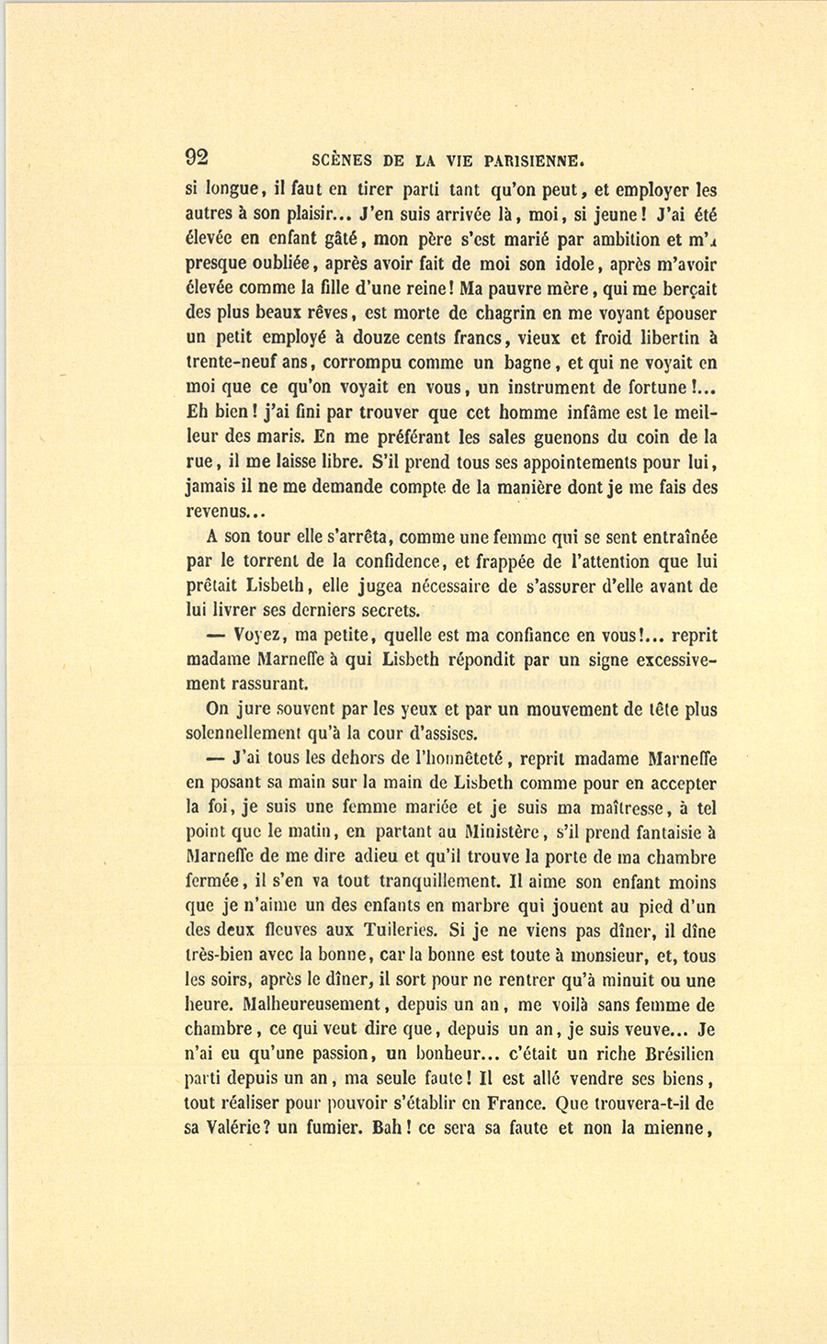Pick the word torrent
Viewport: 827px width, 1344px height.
pos(277,560)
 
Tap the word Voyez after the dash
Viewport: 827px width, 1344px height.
pos(261,635)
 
